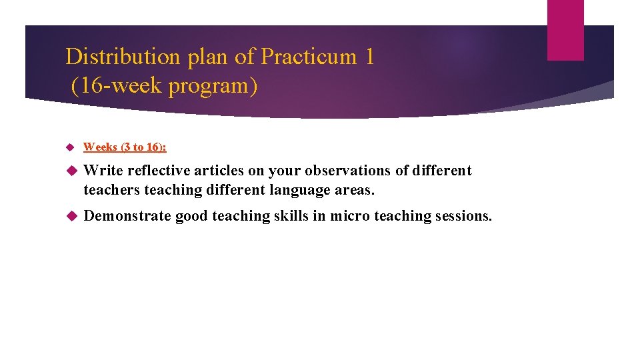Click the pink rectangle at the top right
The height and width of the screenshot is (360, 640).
pos(565,30)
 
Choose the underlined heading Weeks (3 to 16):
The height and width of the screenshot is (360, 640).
pos(125,147)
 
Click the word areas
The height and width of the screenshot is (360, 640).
pos(355,190)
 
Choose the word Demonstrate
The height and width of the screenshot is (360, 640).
pos(127,215)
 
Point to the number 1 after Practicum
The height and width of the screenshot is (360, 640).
pos(370,57)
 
